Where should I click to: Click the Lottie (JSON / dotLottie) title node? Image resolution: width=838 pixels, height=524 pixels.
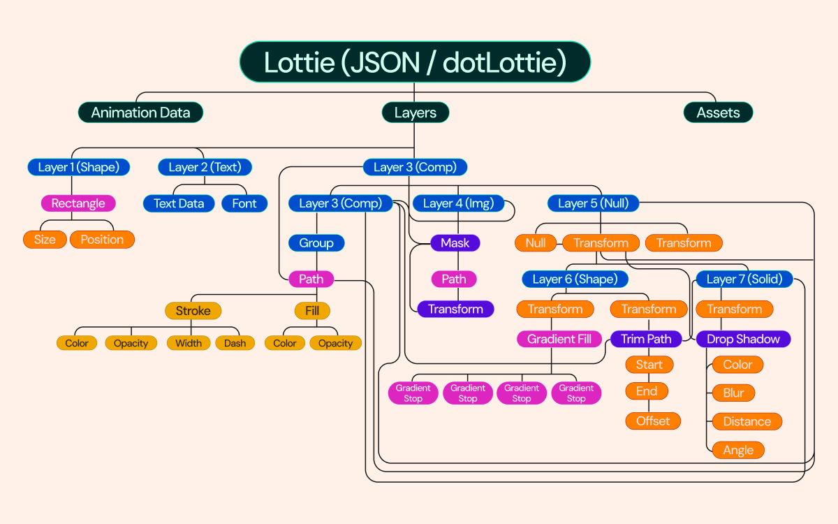415,62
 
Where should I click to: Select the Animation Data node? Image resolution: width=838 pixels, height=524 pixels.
140,112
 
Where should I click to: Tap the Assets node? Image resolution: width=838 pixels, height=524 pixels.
717,112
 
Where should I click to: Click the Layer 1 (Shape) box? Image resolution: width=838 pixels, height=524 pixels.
78,167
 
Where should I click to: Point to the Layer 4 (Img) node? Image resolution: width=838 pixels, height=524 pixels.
457,203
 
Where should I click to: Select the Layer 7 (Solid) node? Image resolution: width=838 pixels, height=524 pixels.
744,279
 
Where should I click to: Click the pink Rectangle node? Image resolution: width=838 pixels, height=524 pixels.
78,203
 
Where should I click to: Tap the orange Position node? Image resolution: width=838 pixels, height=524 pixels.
102,240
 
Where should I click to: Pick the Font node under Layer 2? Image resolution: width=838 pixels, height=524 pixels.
244,203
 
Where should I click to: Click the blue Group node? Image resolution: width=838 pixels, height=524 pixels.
316,243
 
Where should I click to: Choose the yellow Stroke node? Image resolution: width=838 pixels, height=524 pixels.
193,311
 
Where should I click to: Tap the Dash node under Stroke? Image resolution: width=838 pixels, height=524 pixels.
235,343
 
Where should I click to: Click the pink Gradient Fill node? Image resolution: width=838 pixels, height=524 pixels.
559,340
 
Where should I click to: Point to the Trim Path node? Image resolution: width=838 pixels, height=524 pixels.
646,340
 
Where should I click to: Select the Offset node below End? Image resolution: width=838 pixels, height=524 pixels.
652,421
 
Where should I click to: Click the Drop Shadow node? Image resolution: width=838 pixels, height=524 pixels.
743,340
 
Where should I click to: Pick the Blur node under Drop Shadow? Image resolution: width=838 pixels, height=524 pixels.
733,393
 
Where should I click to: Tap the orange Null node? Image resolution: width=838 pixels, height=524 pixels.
535,243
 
